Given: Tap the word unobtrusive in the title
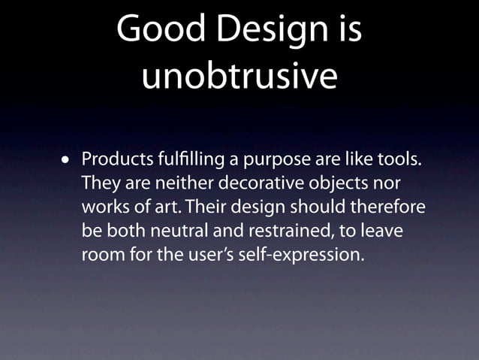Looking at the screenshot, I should (239, 77).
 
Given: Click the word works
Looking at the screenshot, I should (103, 207).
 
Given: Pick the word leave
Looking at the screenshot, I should (383, 230).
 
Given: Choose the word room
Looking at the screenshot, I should (102, 254).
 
